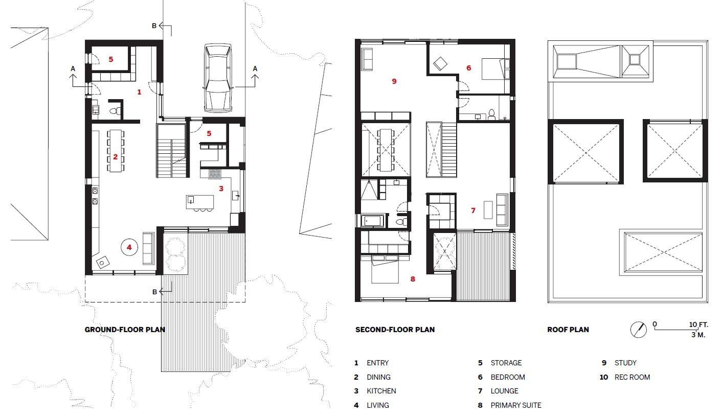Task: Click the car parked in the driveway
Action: pos(218,78)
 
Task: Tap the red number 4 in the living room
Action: pos(129,247)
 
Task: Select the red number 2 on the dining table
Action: pos(115,157)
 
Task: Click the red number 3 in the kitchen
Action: pos(221,189)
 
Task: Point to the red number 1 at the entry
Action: pos(139,92)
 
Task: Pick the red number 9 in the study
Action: pos(394,81)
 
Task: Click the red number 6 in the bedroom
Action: pos(469,68)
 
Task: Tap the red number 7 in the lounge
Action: pos(473,211)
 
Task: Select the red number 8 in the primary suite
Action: pos(413,279)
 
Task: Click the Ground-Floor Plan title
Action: pos(125,330)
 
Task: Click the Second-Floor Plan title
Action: pos(395,330)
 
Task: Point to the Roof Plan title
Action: pos(568,330)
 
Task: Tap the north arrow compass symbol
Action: pos(639,330)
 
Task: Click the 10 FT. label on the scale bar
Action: pos(698,324)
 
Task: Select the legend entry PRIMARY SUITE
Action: pos(516,405)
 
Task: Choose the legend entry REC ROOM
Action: pos(632,377)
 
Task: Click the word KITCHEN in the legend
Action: pos(381,391)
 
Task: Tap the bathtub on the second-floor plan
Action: pos(373,221)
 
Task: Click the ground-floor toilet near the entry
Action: pos(114,111)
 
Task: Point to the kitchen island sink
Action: pos(190,200)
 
